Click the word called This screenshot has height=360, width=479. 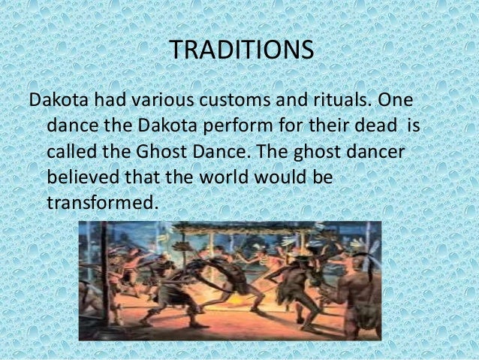(69, 153)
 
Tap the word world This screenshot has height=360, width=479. (218, 179)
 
